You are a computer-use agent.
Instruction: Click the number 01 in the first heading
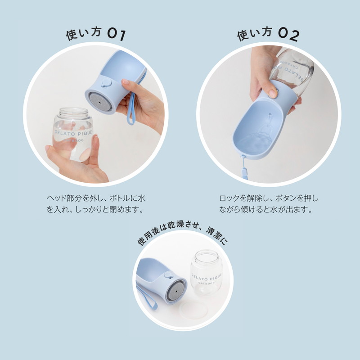click(117, 35)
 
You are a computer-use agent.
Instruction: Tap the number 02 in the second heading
click(289, 35)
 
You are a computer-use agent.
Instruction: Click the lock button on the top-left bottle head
click(106, 83)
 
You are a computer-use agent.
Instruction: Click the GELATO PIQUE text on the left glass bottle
click(73, 133)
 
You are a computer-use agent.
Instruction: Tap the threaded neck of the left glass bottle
click(73, 112)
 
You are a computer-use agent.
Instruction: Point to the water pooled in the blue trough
click(254, 144)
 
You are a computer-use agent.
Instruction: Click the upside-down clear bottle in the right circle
click(292, 71)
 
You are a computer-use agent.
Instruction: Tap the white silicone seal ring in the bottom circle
click(194, 310)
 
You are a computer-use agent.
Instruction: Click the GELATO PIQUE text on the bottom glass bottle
click(207, 277)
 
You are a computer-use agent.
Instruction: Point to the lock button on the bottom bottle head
click(169, 275)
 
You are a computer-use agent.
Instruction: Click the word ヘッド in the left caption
click(54, 198)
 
